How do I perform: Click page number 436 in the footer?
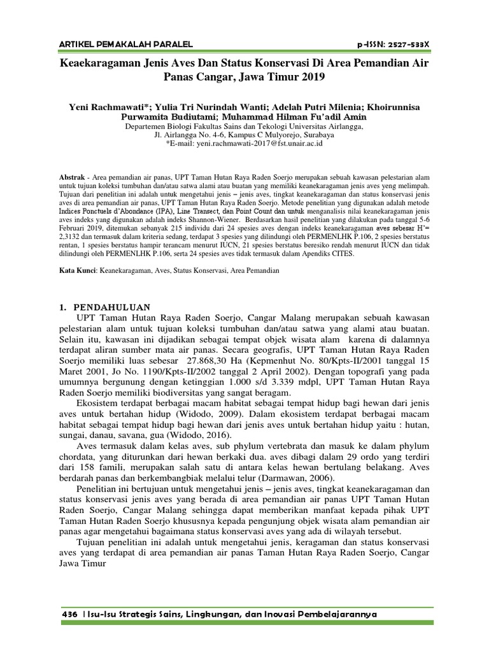click(x=69, y=615)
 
